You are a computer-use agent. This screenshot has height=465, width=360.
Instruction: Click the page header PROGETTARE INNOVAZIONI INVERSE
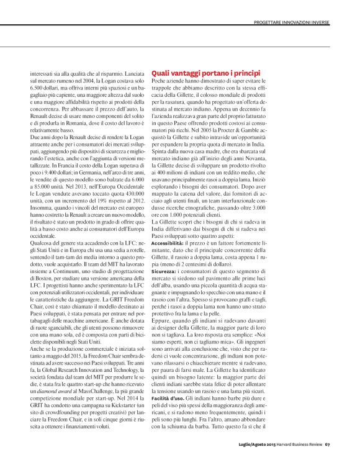pyautogui.click(x=286, y=24)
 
